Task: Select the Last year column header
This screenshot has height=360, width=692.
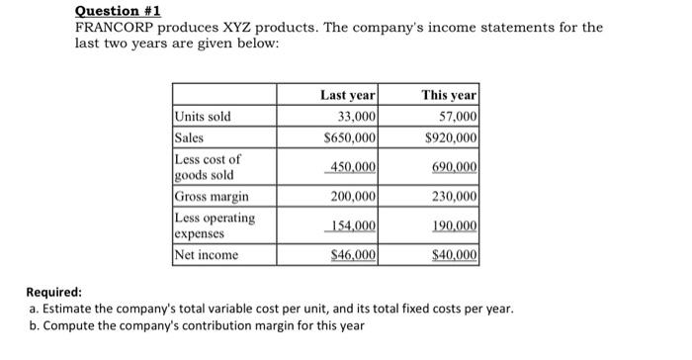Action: click(x=347, y=96)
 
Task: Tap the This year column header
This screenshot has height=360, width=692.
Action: click(x=449, y=96)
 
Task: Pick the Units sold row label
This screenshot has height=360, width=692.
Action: click(x=203, y=117)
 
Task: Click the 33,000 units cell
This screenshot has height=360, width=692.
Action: click(x=354, y=117)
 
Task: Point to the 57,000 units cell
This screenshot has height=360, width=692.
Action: click(x=456, y=117)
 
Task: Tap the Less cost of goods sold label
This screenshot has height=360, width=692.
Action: click(x=207, y=166)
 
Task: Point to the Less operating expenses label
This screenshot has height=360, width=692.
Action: click(x=215, y=225)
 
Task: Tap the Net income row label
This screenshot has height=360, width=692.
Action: click(x=207, y=255)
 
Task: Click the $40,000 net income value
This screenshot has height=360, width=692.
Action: click(x=453, y=255)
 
